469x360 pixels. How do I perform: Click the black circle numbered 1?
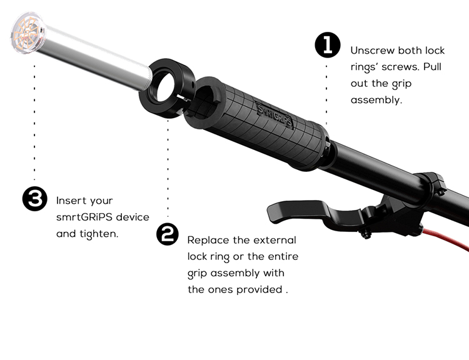click(x=328, y=45)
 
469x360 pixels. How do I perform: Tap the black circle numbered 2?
click(x=168, y=234)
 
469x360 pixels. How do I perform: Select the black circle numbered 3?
click(x=35, y=199)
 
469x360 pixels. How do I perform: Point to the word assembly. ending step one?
click(x=376, y=100)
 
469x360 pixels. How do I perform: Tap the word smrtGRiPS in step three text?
click(x=84, y=217)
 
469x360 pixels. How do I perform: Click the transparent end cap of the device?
click(x=27, y=33)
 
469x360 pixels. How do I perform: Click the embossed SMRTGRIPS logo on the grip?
click(x=274, y=115)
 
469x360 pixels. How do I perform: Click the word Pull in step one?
click(x=432, y=67)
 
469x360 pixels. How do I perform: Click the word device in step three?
click(x=132, y=217)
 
